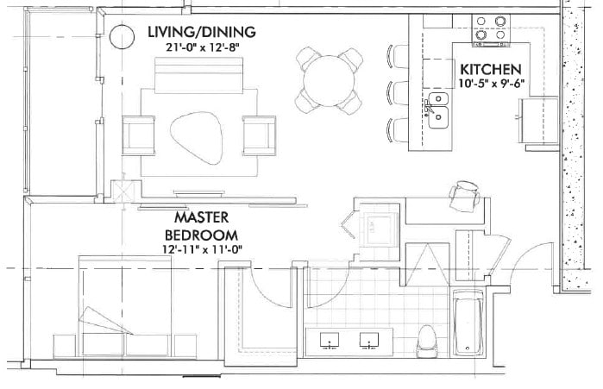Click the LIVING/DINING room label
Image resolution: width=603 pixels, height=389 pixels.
click(x=203, y=32)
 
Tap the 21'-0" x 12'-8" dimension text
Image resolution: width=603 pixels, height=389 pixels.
click(x=203, y=47)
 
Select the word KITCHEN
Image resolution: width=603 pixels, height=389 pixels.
click(x=489, y=69)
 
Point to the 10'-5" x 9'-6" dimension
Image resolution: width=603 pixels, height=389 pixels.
click(x=489, y=84)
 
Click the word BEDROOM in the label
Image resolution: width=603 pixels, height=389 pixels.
click(x=201, y=234)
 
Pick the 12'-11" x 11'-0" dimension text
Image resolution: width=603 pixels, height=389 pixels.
click(x=201, y=249)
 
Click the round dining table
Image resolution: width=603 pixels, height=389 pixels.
click(x=329, y=79)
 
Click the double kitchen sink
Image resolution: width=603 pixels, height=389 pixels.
click(x=437, y=110)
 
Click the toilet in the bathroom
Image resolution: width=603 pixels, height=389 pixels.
click(x=425, y=341)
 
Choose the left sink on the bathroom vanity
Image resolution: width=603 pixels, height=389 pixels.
click(x=332, y=342)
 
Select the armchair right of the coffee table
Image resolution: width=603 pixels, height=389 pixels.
click(x=259, y=133)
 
